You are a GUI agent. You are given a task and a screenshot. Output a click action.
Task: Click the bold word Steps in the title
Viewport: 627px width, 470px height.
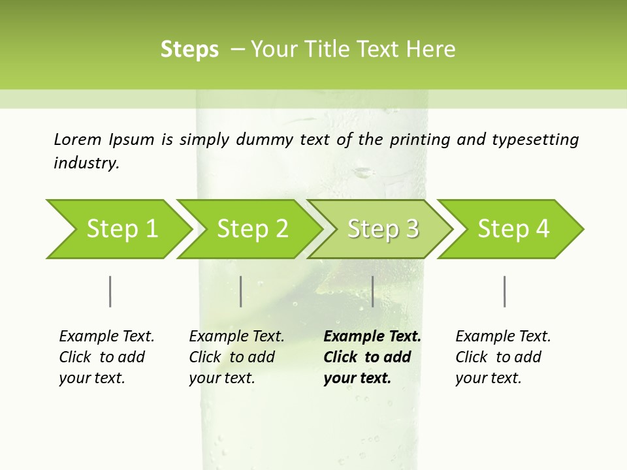point(189,50)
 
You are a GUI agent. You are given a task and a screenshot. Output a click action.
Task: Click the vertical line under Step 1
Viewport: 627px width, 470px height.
point(110,291)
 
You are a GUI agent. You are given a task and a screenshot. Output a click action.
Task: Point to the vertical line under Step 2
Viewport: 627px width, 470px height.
point(241,291)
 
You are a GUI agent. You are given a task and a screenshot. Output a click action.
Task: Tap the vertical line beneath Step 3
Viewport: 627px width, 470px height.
point(372,291)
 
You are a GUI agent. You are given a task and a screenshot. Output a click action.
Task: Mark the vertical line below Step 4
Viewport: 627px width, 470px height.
point(504,291)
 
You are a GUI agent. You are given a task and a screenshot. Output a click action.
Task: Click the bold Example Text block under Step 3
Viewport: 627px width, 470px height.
point(372,357)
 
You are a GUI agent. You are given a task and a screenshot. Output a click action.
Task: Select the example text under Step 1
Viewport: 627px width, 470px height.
point(106,357)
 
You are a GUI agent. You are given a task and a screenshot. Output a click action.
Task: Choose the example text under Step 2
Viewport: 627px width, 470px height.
point(236,357)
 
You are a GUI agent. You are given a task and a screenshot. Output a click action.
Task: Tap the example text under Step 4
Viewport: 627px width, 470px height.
point(503,357)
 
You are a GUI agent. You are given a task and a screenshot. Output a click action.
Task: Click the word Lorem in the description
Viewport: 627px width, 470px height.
point(78,139)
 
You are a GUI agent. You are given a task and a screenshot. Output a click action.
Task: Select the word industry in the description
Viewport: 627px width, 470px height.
point(86,163)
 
